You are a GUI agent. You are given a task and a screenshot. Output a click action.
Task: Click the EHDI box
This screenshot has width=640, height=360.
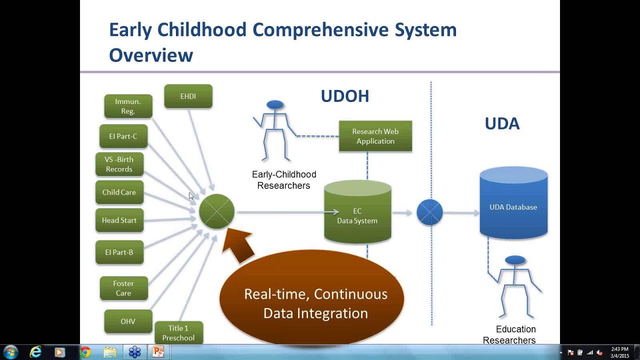[188, 96]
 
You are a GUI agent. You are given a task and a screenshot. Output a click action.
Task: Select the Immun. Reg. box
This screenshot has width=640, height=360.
[128, 106]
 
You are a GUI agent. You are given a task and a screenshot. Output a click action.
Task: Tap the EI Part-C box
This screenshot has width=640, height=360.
[123, 136]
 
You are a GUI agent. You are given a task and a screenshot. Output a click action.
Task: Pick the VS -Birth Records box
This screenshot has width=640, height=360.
[119, 164]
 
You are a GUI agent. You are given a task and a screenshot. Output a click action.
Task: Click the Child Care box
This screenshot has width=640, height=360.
[119, 192]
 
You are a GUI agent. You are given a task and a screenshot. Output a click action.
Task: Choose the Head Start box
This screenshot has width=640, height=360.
[119, 220]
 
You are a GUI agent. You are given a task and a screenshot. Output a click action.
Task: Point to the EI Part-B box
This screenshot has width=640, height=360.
[119, 252]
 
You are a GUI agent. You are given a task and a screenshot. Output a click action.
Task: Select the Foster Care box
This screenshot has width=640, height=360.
[123, 288]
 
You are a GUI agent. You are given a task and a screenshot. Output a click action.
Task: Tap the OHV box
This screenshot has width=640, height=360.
[128, 321]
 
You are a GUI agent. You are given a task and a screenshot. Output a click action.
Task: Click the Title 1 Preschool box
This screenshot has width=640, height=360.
[178, 333]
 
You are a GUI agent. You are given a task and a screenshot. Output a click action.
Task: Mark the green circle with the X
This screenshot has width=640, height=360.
[216, 211]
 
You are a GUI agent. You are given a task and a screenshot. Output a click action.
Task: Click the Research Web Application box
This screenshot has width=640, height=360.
[375, 136]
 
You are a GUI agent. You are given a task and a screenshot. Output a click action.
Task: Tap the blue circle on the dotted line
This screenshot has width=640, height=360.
[429, 212]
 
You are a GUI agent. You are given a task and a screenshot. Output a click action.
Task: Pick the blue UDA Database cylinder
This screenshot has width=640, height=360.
[513, 205]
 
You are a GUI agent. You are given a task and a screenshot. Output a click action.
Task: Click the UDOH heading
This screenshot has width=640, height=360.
[345, 96]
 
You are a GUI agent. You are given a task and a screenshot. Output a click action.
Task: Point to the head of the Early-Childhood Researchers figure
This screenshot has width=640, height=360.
[275, 105]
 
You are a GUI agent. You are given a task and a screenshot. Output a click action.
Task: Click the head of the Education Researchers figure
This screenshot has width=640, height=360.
[515, 260]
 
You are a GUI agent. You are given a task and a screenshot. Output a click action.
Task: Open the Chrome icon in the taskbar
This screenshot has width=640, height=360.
[85, 352]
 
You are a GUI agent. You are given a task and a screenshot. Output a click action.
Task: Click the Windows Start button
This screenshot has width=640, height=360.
[10, 352]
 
